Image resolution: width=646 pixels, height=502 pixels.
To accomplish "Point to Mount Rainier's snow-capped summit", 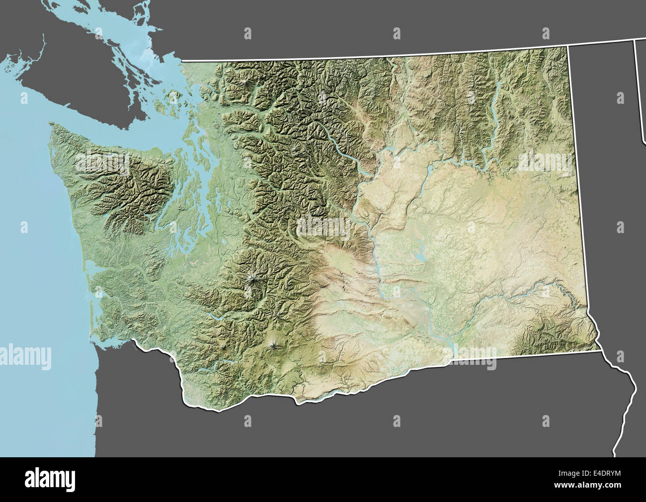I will (x=253, y=282).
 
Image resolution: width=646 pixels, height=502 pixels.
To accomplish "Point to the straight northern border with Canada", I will (x=373, y=56).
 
